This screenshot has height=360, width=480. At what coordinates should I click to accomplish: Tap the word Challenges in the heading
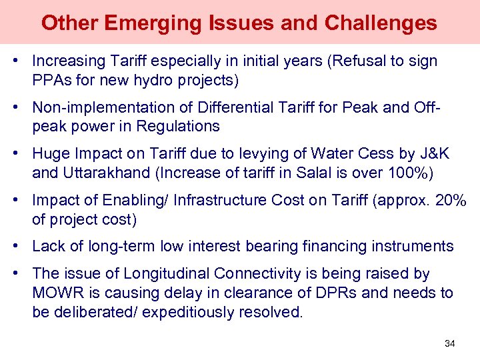(381, 23)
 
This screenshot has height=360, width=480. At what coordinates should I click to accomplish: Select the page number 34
(449, 343)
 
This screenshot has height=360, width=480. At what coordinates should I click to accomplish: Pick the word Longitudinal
(156, 274)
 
